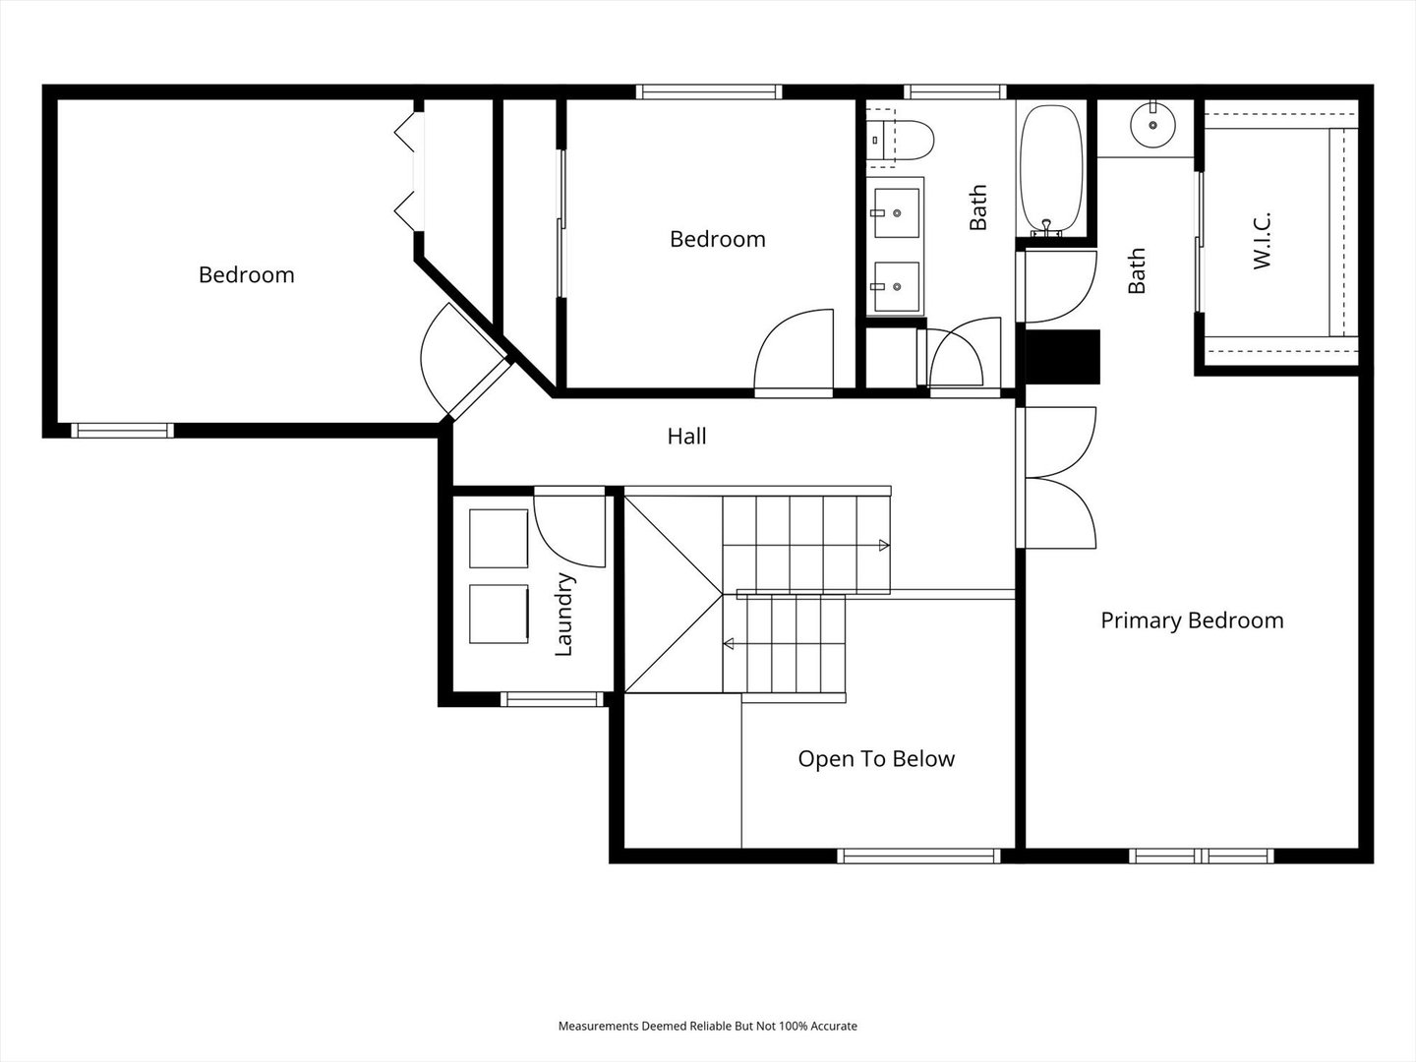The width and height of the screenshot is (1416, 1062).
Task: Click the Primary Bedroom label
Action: (x=1192, y=620)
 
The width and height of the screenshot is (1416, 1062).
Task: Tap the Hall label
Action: (x=686, y=437)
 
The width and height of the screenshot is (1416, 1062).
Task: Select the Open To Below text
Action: (x=876, y=759)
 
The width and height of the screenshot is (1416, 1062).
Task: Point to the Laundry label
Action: (x=563, y=615)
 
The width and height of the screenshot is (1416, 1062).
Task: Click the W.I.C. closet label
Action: (x=1262, y=241)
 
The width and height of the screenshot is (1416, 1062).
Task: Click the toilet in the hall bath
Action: (x=900, y=140)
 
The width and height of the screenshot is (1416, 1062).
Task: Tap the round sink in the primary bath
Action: (x=1152, y=125)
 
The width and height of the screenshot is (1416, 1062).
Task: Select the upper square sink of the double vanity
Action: (x=897, y=212)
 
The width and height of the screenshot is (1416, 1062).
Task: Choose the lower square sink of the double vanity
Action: (x=897, y=286)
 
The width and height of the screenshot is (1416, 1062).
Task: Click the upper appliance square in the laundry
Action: (x=499, y=539)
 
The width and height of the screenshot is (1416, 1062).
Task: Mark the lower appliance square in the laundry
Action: (x=499, y=614)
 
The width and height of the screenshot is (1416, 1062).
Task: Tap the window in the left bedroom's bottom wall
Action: (x=123, y=430)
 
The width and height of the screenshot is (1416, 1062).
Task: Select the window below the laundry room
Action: (x=553, y=699)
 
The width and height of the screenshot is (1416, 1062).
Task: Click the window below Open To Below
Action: (x=919, y=855)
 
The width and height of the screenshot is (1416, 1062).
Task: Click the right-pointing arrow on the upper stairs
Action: (x=884, y=546)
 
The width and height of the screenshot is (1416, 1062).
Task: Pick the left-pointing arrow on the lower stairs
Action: (x=729, y=643)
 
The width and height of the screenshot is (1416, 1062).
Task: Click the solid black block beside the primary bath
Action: (x=1062, y=357)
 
